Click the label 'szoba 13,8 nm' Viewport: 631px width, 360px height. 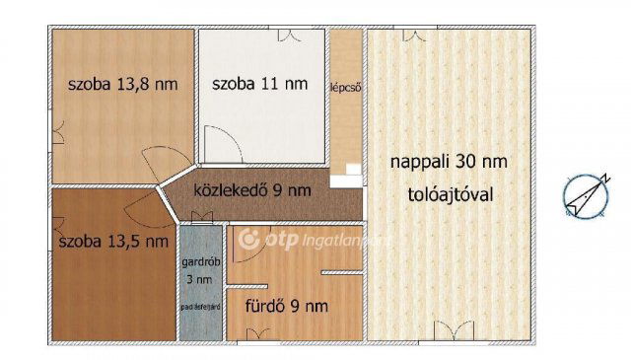122,84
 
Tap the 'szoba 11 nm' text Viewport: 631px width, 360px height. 259,84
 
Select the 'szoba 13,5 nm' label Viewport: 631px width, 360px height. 113,242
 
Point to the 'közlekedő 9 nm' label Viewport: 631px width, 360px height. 252,189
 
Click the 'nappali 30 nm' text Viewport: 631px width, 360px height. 449,161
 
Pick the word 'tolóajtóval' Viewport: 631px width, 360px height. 449,194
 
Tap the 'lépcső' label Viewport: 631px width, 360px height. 345,86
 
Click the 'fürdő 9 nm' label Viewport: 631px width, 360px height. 287,307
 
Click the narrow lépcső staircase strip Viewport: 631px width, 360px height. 345,118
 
